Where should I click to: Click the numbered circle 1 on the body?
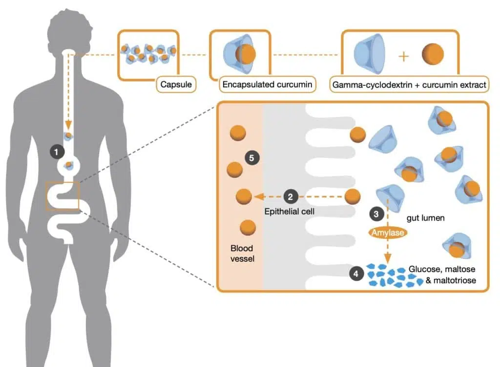coord(57,152)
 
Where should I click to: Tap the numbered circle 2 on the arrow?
coord(290,197)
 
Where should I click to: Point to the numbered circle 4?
coord(356,274)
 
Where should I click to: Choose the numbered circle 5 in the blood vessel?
coord(252,158)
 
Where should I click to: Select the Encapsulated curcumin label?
coord(267,85)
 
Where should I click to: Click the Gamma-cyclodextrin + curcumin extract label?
coord(409,85)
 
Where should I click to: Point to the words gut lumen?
coord(425,218)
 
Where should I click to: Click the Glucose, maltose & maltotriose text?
coord(442,275)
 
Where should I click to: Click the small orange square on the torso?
coord(62,195)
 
